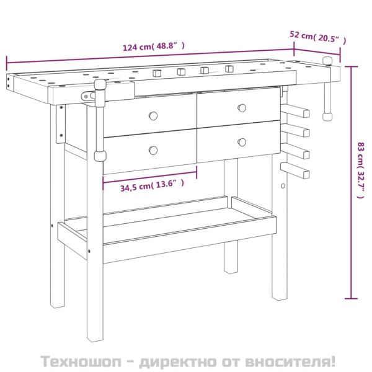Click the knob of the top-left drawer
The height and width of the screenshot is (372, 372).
pos(153,115)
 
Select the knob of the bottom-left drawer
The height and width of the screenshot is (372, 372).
pos(153,150)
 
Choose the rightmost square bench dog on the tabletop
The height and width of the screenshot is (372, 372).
pos(229,69)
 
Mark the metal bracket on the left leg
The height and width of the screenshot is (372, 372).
pos(61,123)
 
